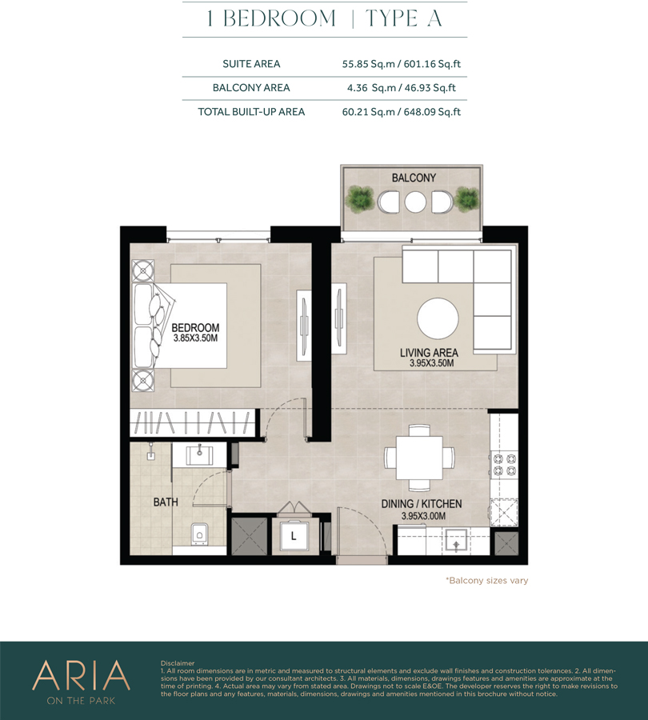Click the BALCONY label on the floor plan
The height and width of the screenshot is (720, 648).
click(413, 177)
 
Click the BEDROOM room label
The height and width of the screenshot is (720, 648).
click(195, 328)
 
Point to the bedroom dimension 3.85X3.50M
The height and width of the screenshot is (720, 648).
click(195, 339)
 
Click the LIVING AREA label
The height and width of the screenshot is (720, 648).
click(429, 352)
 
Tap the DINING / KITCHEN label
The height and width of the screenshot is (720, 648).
click(432, 505)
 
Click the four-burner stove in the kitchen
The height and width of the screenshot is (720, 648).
click(504, 466)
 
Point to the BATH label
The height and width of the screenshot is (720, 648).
click(166, 502)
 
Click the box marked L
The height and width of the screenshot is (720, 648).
click(294, 535)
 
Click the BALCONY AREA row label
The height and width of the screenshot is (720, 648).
click(251, 87)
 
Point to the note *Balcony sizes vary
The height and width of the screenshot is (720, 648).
click(486, 581)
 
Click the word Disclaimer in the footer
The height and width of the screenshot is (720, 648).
click(178, 663)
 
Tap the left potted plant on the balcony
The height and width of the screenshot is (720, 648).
click(361, 197)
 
